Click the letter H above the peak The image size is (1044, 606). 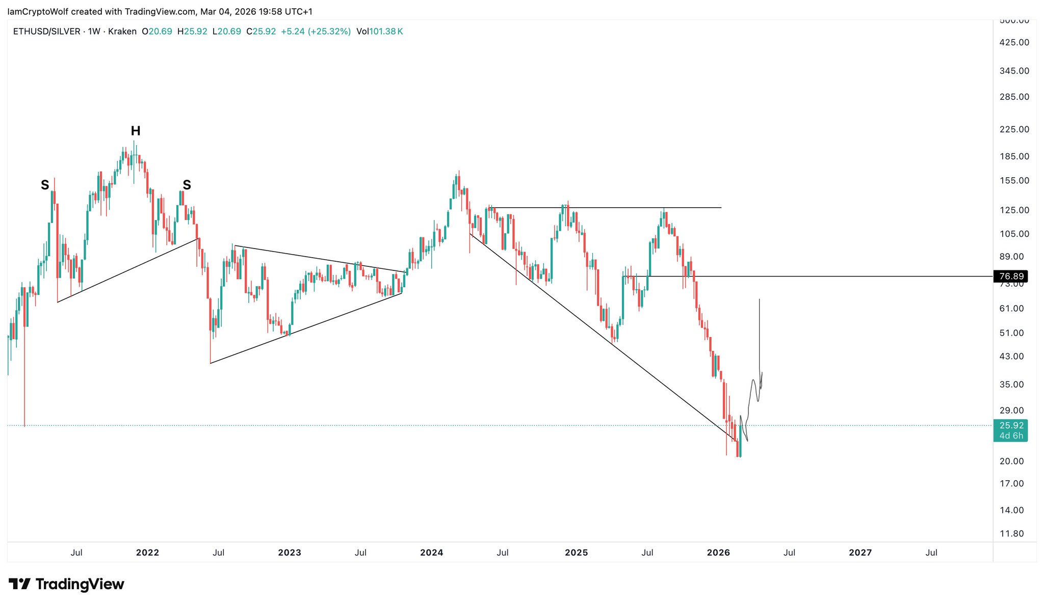pos(136,131)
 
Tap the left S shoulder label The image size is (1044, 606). pos(45,185)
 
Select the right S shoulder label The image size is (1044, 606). pos(187,185)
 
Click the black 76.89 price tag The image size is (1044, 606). pos(1011,277)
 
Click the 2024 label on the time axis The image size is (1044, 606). pos(431,553)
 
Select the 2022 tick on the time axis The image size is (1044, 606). pos(147,553)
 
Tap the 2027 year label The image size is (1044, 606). pos(860,553)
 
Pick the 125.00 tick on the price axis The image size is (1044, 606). pos(1014,210)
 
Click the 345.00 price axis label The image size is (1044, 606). pos(1014,71)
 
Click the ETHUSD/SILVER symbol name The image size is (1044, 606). pos(46,32)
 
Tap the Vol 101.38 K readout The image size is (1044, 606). pos(380,32)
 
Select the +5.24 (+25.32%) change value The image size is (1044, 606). pos(316,32)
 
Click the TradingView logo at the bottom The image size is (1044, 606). pos(66,584)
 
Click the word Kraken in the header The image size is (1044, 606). pos(122,32)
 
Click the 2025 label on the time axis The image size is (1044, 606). pos(576,553)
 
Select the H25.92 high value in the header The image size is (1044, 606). pos(192,32)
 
